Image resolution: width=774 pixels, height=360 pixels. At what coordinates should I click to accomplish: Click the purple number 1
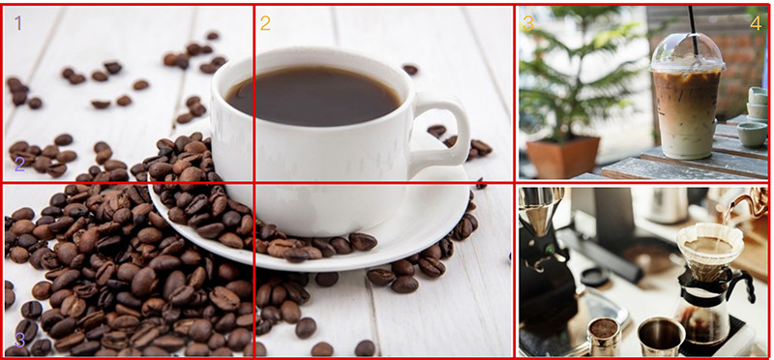(18, 22)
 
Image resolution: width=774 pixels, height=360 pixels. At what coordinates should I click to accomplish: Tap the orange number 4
(756, 22)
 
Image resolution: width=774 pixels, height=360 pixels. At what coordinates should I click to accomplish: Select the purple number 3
(19, 340)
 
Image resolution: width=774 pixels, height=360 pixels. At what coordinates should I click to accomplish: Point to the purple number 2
(19, 164)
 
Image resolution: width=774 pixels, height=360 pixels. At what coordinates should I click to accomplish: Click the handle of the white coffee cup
(446, 130)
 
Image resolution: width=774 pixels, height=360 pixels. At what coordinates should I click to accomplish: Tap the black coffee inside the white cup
(313, 95)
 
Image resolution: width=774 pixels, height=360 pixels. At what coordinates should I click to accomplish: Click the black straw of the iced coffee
(693, 30)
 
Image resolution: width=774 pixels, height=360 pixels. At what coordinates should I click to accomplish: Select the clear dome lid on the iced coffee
(687, 52)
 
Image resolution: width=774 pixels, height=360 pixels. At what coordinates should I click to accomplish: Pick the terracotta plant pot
(563, 157)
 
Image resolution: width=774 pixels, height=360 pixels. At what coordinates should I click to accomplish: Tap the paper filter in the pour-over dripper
(710, 251)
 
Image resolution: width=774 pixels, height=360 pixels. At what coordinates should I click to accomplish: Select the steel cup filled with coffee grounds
(604, 336)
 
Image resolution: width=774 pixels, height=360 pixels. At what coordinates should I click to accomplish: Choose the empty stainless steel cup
(661, 336)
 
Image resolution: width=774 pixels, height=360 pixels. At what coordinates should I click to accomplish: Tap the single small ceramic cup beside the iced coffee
(752, 135)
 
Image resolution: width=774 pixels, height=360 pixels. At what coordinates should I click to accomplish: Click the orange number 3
(528, 22)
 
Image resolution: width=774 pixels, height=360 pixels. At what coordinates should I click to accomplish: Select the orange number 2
(265, 22)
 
